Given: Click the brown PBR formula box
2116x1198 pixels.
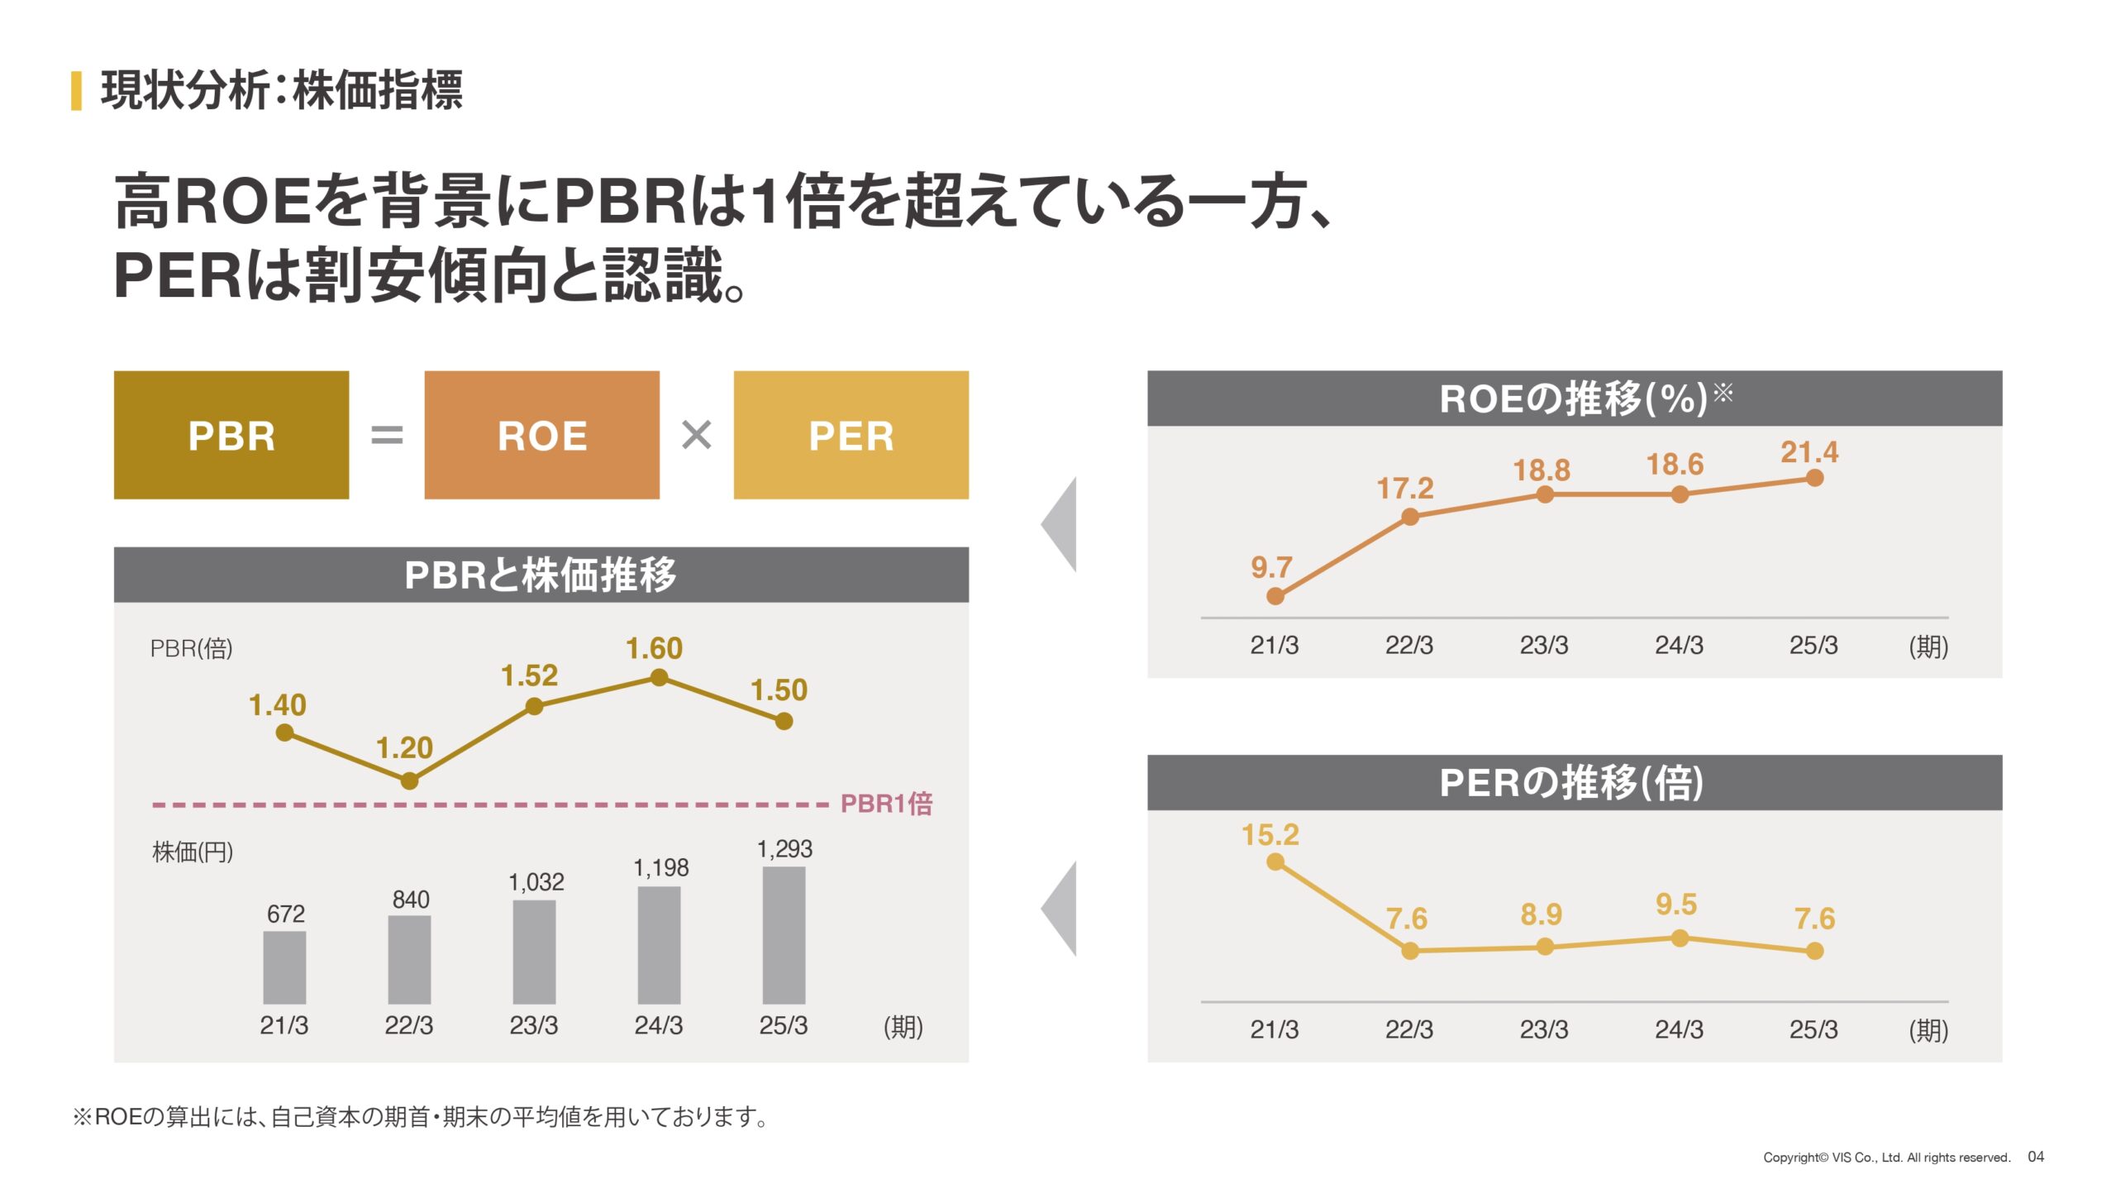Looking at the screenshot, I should (x=231, y=435).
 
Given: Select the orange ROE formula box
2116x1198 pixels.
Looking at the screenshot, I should (x=541, y=435).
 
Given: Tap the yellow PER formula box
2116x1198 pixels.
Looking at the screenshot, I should (x=851, y=435).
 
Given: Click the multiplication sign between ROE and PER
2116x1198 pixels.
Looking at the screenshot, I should (x=696, y=435).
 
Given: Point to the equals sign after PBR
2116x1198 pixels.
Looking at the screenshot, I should (x=387, y=435).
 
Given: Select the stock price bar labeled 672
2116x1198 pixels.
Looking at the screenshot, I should (x=284, y=967).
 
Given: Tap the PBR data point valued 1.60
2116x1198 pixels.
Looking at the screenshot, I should (x=659, y=678).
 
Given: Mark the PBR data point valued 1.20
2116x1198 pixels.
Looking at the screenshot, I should (x=409, y=780).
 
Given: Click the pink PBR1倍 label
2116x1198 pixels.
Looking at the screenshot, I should (x=886, y=804).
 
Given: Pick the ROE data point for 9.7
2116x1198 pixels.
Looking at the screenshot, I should (x=1275, y=596).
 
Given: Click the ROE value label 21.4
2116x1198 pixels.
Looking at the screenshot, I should (x=1809, y=452).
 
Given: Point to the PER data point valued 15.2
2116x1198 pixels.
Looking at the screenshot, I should (x=1275, y=862).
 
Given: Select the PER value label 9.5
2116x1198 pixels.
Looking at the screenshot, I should (x=1675, y=904).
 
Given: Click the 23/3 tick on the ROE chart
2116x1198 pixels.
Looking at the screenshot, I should (x=1543, y=646).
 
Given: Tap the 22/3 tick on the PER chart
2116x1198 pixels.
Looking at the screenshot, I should (x=1409, y=1029).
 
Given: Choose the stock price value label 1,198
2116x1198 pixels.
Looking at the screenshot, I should (x=660, y=867).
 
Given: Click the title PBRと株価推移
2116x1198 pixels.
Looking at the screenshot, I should (x=541, y=575).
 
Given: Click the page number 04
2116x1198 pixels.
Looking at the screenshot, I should (x=2035, y=1157).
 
